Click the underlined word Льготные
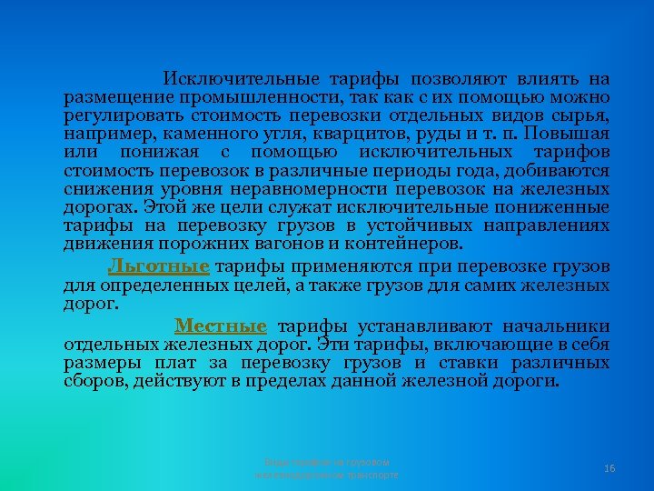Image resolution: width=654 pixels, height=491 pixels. coord(158,266)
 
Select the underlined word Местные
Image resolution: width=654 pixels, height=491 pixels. coord(221,326)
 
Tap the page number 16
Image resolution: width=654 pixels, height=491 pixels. coord(609,467)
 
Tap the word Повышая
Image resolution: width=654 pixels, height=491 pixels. coord(573,134)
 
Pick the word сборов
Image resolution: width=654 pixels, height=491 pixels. coord(94,381)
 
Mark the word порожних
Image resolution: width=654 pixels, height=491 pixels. coord(196,244)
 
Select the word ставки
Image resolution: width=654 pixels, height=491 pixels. coord(470,363)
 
